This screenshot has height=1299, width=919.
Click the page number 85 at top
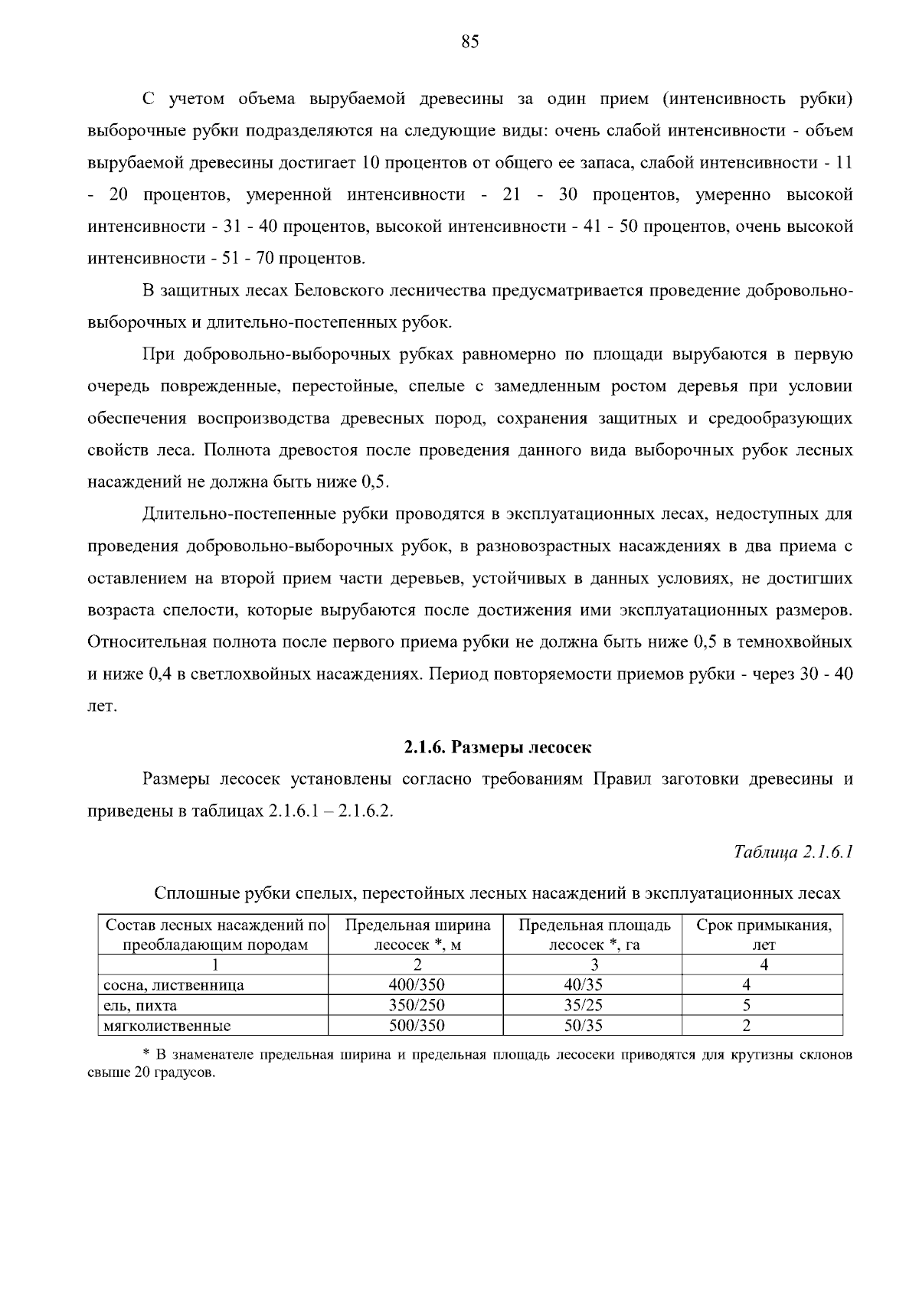[470, 43]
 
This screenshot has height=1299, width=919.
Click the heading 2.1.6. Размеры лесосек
[498, 746]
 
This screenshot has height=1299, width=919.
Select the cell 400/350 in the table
[416, 985]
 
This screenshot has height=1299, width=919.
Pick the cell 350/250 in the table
[416, 1005]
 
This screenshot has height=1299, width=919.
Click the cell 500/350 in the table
[416, 1026]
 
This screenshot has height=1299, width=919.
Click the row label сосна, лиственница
[174, 986]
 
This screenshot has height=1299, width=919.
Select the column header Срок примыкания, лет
[764, 935]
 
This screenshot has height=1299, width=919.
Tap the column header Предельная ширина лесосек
[417, 935]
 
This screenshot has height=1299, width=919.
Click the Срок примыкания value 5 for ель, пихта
[747, 1005]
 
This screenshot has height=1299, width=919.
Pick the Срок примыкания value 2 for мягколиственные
[747, 1026]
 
